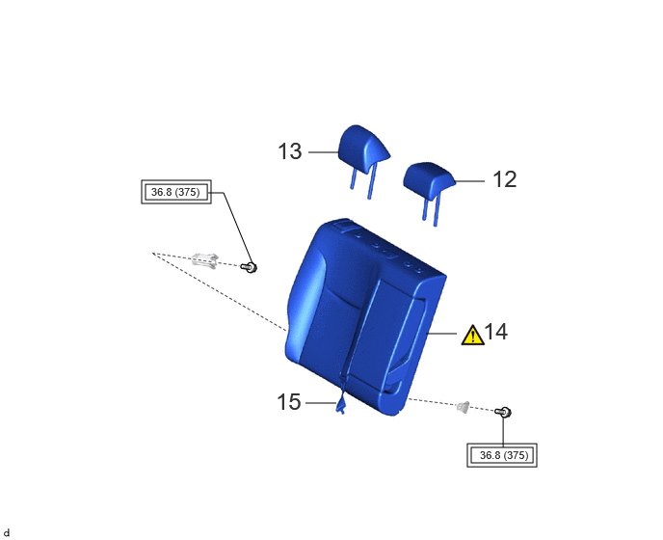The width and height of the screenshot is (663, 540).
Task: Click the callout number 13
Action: coord(290,151)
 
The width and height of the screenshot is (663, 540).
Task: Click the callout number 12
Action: coord(505,179)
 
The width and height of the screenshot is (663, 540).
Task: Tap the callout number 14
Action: coord(496,332)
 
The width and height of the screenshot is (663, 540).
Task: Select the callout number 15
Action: coord(289,401)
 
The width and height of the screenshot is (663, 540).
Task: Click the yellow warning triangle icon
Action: coord(473,336)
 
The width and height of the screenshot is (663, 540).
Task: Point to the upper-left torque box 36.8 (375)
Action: coord(176,192)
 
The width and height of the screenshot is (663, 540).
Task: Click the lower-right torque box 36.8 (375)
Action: coord(502,455)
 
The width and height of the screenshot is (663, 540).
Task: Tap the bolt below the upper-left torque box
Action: coord(249,267)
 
